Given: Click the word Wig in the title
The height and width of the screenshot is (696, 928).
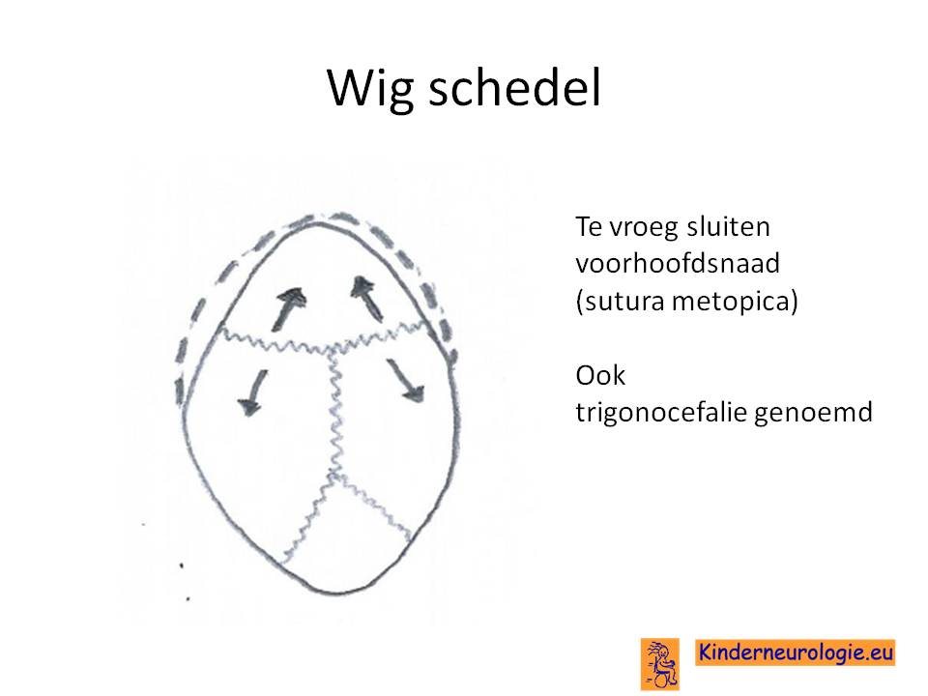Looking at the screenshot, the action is (370, 89).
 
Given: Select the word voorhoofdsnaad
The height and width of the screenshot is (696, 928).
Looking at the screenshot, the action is (678, 263).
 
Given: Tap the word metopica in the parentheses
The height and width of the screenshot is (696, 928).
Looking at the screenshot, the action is (735, 301).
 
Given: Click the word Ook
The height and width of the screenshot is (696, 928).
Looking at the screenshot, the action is (600, 375).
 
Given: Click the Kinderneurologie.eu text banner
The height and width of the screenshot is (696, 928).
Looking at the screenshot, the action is (796, 652).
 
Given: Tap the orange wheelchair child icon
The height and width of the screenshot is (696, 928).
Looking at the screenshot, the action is (659, 663).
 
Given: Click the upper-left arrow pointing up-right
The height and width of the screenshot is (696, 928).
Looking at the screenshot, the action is (288, 308).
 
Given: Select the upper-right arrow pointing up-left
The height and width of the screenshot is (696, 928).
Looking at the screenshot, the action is (366, 299).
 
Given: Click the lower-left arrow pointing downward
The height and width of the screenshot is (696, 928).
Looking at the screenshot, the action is (253, 392).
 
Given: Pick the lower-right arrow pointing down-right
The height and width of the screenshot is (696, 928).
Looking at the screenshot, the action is (406, 380).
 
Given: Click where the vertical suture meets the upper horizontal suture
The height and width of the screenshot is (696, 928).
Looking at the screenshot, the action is (330, 352).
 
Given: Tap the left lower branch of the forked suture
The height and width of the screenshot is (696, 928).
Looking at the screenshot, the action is (306, 518).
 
